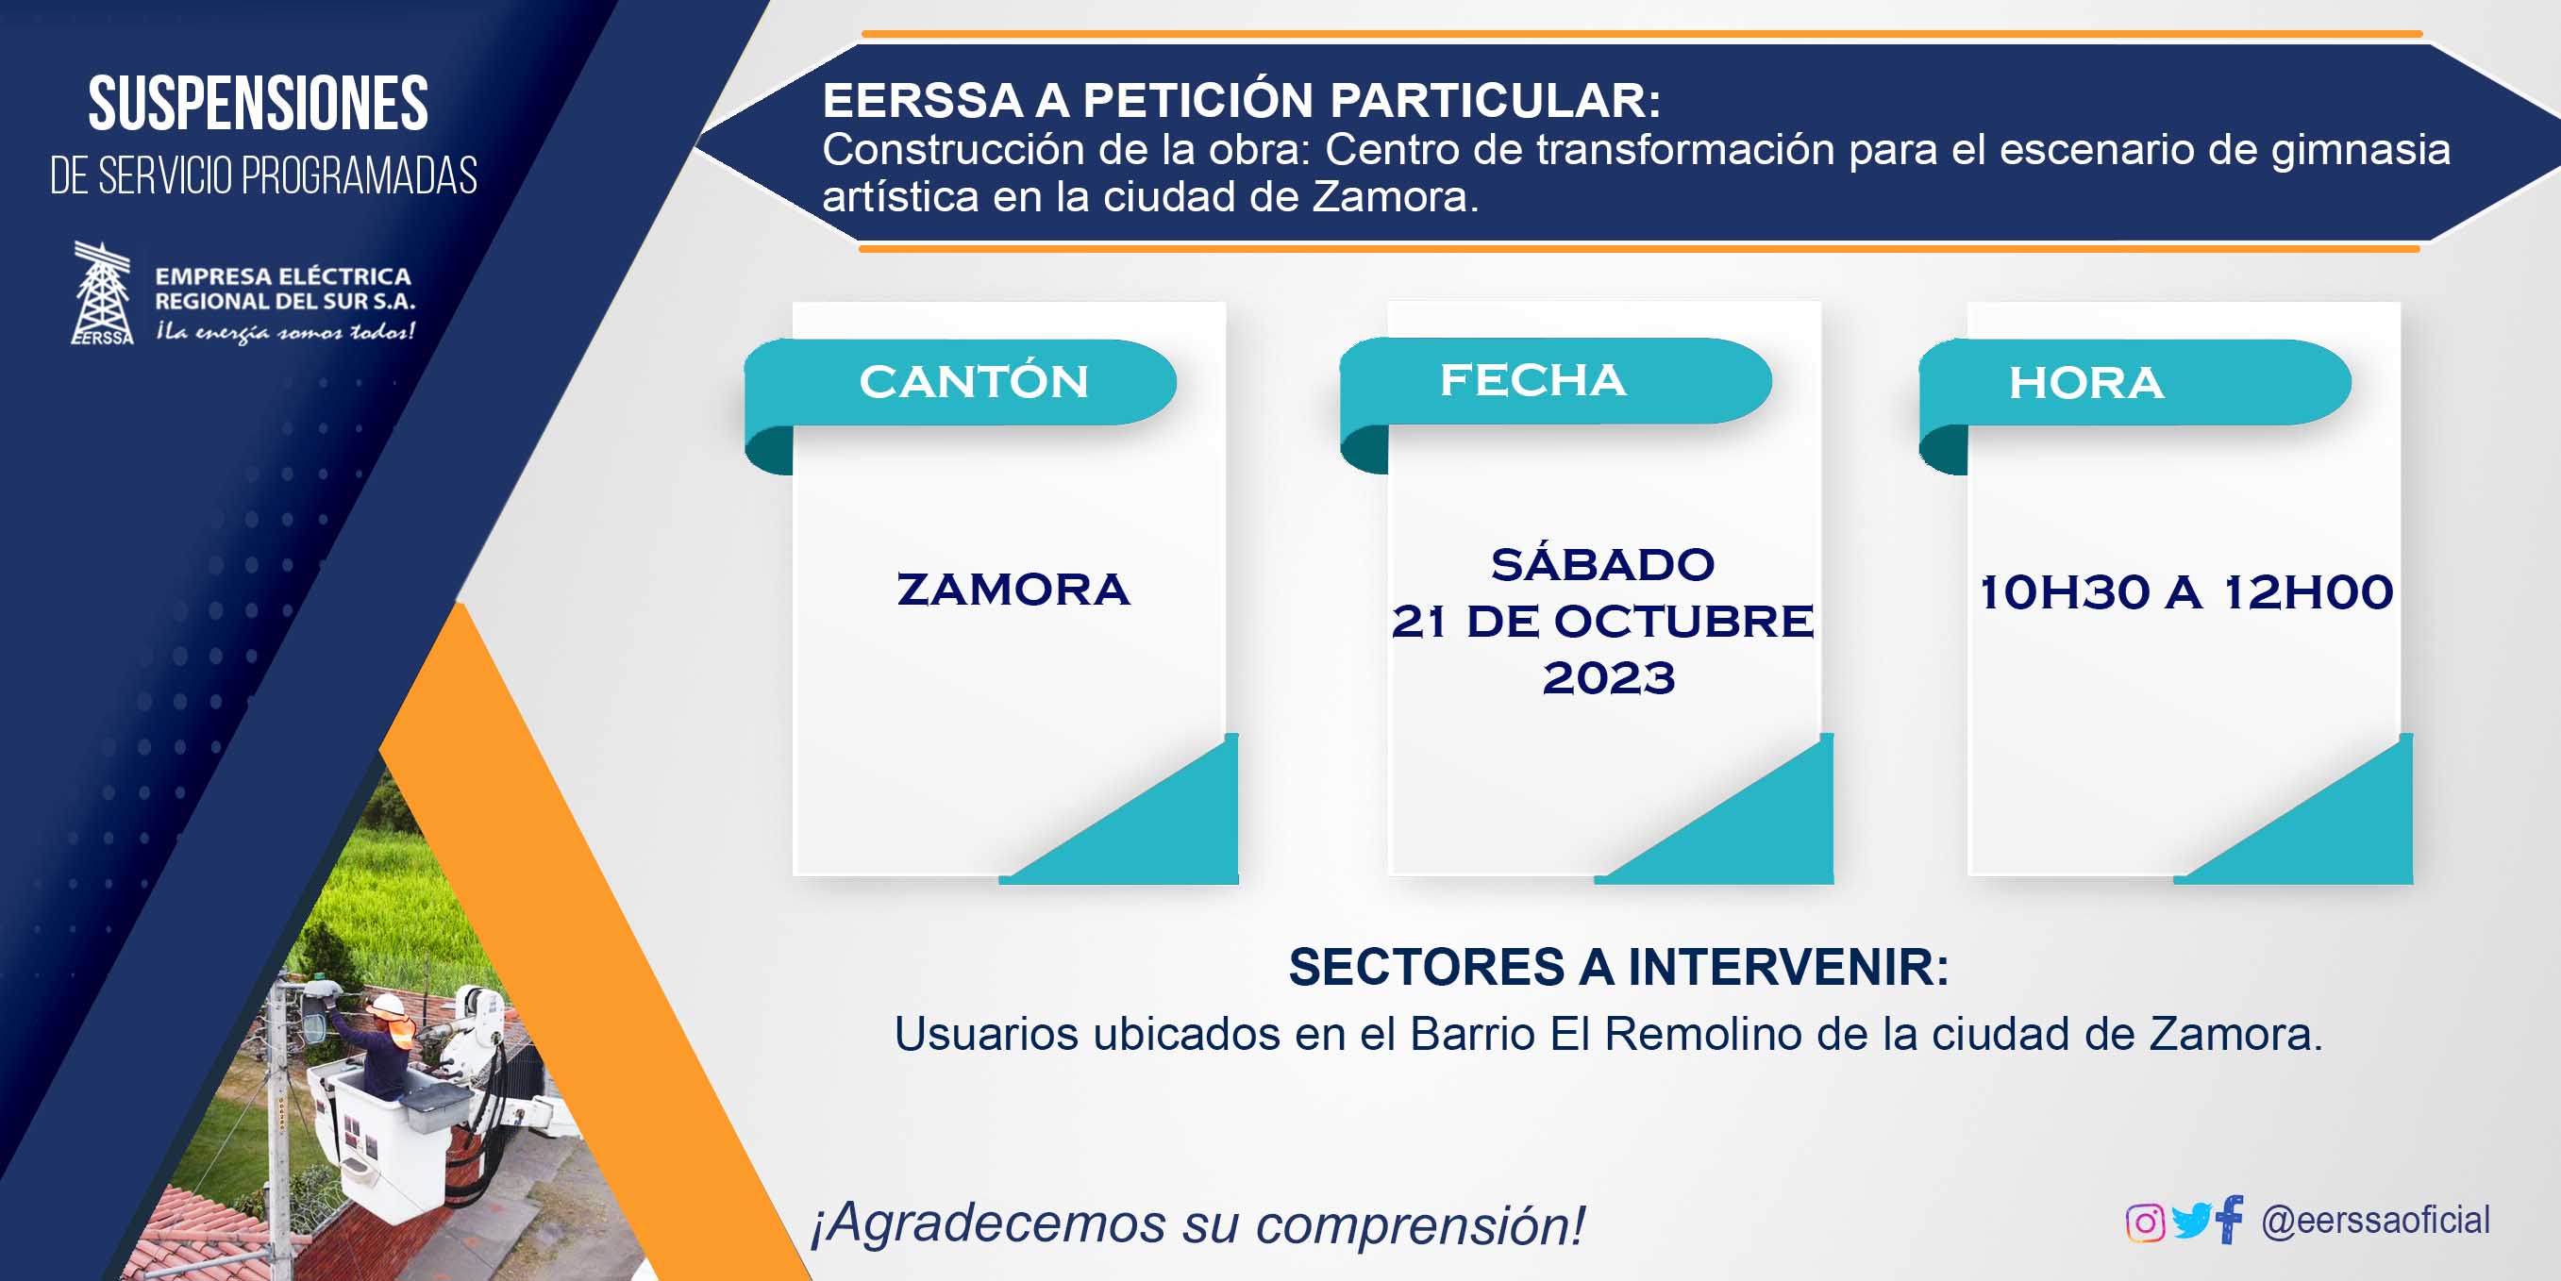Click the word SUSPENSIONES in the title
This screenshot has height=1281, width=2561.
click(259, 104)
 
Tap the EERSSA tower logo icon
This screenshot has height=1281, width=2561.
click(103, 293)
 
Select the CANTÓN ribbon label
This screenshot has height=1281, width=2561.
click(974, 382)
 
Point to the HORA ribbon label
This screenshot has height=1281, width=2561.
click(2085, 383)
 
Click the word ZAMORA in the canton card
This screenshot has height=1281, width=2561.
click(1013, 590)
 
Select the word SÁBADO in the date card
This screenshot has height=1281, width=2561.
click(1602, 564)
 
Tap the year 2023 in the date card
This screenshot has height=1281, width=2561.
click(1609, 678)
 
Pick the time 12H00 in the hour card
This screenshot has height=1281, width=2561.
click(2307, 592)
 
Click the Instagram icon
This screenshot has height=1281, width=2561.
click(2145, 1223)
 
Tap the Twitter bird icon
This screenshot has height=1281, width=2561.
click(2191, 1221)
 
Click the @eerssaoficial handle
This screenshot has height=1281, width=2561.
click(2375, 1221)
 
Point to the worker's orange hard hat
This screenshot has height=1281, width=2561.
click(389, 1005)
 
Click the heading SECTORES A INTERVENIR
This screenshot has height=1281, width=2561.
click(1618, 967)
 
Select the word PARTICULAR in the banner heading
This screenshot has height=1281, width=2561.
click(1496, 99)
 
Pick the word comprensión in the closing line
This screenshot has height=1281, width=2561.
click(1419, 1224)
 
